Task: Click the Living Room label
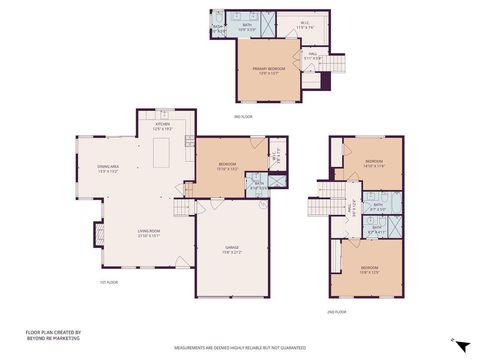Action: point(150,235)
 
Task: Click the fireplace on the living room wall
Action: point(98,236)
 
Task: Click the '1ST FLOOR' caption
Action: point(109,282)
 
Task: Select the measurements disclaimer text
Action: point(240,348)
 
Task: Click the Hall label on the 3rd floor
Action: point(313,56)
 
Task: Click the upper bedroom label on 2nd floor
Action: point(374,163)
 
